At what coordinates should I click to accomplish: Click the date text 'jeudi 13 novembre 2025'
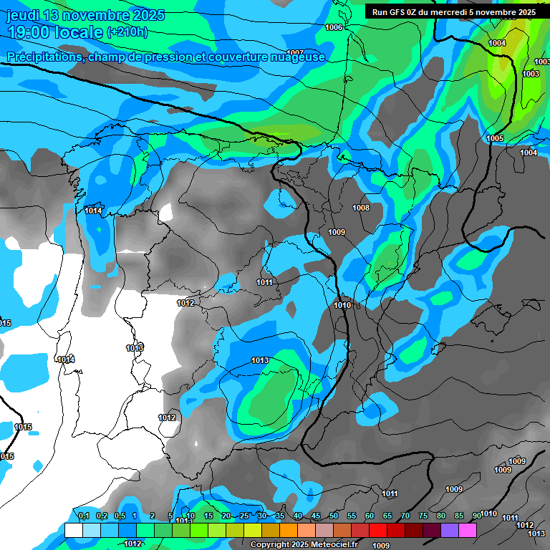(x=85, y=15)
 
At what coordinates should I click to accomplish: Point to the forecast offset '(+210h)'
(x=127, y=32)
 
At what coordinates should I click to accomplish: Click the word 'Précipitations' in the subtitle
(x=44, y=57)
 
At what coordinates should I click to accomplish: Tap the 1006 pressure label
(x=334, y=27)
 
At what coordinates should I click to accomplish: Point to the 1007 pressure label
(x=294, y=53)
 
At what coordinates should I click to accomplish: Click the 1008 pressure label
(x=361, y=208)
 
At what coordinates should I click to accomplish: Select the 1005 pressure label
(x=495, y=138)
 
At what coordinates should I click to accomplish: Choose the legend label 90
(x=476, y=516)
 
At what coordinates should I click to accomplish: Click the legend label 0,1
(x=83, y=516)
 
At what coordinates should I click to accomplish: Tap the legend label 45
(x=316, y=516)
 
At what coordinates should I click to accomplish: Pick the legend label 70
(x=405, y=516)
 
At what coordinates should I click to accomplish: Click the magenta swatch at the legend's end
(x=468, y=530)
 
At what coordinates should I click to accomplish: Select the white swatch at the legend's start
(x=73, y=530)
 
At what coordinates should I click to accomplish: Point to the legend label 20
(x=226, y=516)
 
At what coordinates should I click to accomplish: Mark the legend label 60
(x=370, y=516)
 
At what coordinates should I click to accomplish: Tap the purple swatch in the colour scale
(x=450, y=530)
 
